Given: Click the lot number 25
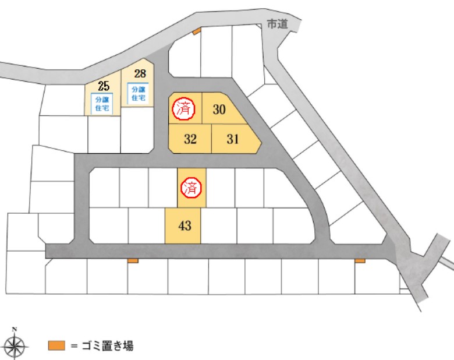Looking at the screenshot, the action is pos(104,86).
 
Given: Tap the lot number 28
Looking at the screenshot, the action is pos(140,73).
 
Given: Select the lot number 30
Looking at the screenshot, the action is pos(219,110).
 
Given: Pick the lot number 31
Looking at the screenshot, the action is pos(233,139).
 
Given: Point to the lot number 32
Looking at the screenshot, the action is pos(190,139).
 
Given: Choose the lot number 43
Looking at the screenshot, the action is pos(185,225).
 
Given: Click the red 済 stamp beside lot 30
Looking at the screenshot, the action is pos(183,110).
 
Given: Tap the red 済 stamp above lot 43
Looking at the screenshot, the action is pos(191,188).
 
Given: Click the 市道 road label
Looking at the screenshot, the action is pos(278,24).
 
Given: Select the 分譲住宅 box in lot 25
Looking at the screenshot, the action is pos(102,104).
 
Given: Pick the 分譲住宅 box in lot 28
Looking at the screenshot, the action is pos(139,94).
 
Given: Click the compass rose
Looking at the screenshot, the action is pos(15,346).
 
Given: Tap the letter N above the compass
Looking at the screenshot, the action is pos(15,329).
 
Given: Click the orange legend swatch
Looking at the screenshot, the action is pos(56,346).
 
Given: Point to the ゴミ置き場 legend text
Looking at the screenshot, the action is pos(108,346).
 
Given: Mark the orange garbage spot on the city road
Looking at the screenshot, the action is pos(197,31).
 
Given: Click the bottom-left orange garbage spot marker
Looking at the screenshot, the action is pos(133,261).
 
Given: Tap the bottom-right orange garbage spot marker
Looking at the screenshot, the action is pos(360,261).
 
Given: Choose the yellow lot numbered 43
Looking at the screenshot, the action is pos(183,226).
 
